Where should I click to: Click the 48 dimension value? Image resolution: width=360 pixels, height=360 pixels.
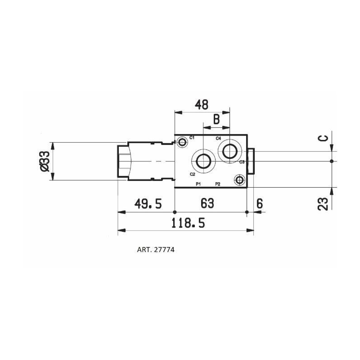point(202,105)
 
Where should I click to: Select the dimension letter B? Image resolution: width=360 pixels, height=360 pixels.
point(216,120)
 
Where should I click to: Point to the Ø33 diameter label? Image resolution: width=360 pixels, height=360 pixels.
point(44,162)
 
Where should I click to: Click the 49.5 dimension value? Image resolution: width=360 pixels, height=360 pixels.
point(148,204)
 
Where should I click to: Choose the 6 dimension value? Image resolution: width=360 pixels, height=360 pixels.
point(259,204)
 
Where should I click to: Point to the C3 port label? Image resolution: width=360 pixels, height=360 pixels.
point(242,162)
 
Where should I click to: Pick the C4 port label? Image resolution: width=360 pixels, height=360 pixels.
point(218,138)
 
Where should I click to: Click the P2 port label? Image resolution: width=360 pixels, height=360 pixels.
point(217,184)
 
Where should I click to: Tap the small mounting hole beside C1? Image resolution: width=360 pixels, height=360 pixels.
point(182,143)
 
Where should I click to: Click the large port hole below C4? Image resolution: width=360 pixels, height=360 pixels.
point(230,152)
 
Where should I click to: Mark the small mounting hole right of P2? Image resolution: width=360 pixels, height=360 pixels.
point(239,180)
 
